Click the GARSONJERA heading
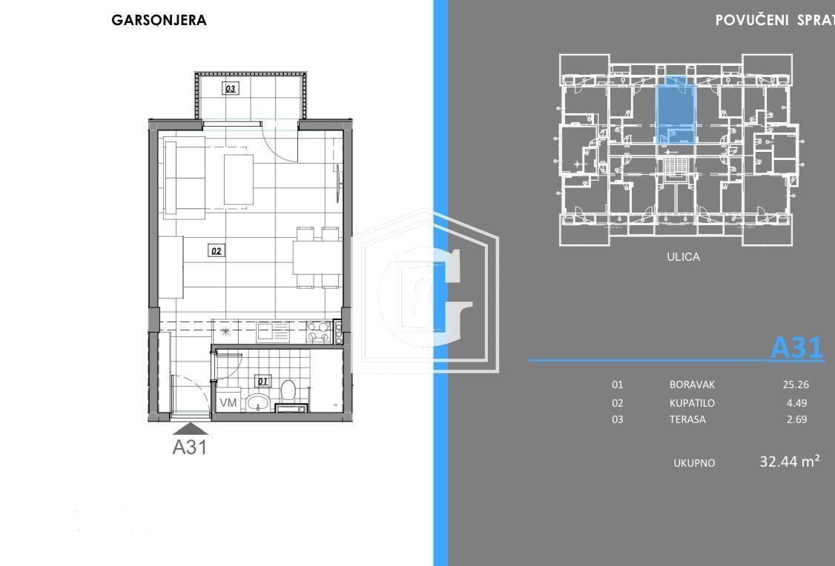(159, 21)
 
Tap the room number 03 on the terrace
(231, 89)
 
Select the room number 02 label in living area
(216, 251)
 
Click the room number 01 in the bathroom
(262, 382)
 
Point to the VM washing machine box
(228, 403)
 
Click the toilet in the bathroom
(288, 390)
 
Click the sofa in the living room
(185, 179)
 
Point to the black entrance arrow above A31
(190, 427)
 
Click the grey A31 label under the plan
(189, 447)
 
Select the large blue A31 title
(797, 347)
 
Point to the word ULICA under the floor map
(684, 257)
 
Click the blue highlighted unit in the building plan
(676, 110)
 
